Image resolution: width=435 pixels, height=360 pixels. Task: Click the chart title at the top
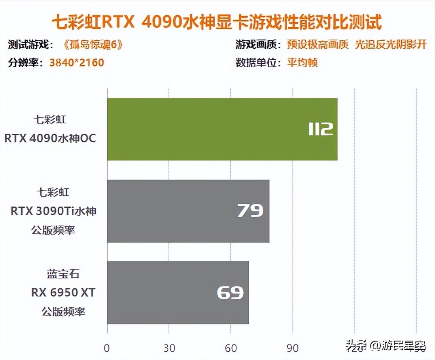pyautogui.click(x=217, y=22)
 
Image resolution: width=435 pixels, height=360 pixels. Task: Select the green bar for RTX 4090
pyautogui.click(x=222, y=129)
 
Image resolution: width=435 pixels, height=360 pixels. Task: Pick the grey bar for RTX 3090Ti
pyautogui.click(x=188, y=211)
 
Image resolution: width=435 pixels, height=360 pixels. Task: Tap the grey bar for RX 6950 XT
pyautogui.click(x=178, y=292)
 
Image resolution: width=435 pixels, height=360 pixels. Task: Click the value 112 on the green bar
pyautogui.click(x=321, y=129)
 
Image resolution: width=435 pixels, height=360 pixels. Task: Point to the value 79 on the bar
pyautogui.click(x=250, y=211)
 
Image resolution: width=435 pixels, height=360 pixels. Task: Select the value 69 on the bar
pyautogui.click(x=230, y=292)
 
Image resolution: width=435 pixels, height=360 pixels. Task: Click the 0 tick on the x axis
pyautogui.click(x=107, y=348)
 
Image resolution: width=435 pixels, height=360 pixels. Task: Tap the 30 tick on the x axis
pyautogui.click(x=169, y=348)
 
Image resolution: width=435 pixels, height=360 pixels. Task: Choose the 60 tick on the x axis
pyautogui.click(x=231, y=348)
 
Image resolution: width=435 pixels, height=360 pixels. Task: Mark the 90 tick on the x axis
pyautogui.click(x=292, y=348)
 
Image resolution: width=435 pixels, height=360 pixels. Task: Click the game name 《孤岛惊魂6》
pyautogui.click(x=93, y=44)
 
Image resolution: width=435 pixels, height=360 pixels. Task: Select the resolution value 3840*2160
pyautogui.click(x=77, y=63)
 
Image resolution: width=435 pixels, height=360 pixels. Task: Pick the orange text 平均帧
pyautogui.click(x=303, y=63)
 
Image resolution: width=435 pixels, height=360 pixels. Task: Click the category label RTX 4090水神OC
pyautogui.click(x=50, y=139)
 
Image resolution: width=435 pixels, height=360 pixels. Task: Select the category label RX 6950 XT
pyautogui.click(x=63, y=292)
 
